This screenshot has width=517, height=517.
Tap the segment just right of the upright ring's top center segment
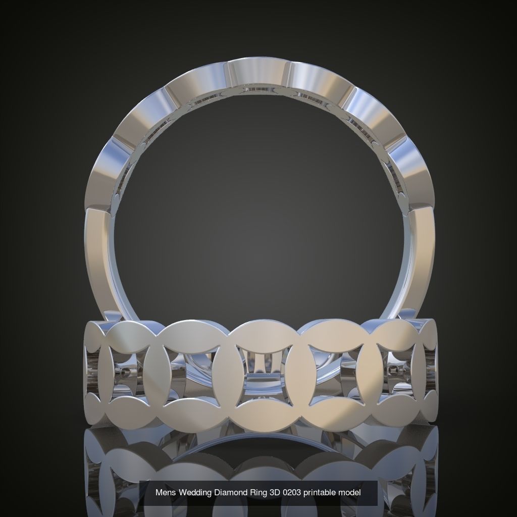pos(320,81)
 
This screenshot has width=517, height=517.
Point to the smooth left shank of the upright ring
pos(98,263)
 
